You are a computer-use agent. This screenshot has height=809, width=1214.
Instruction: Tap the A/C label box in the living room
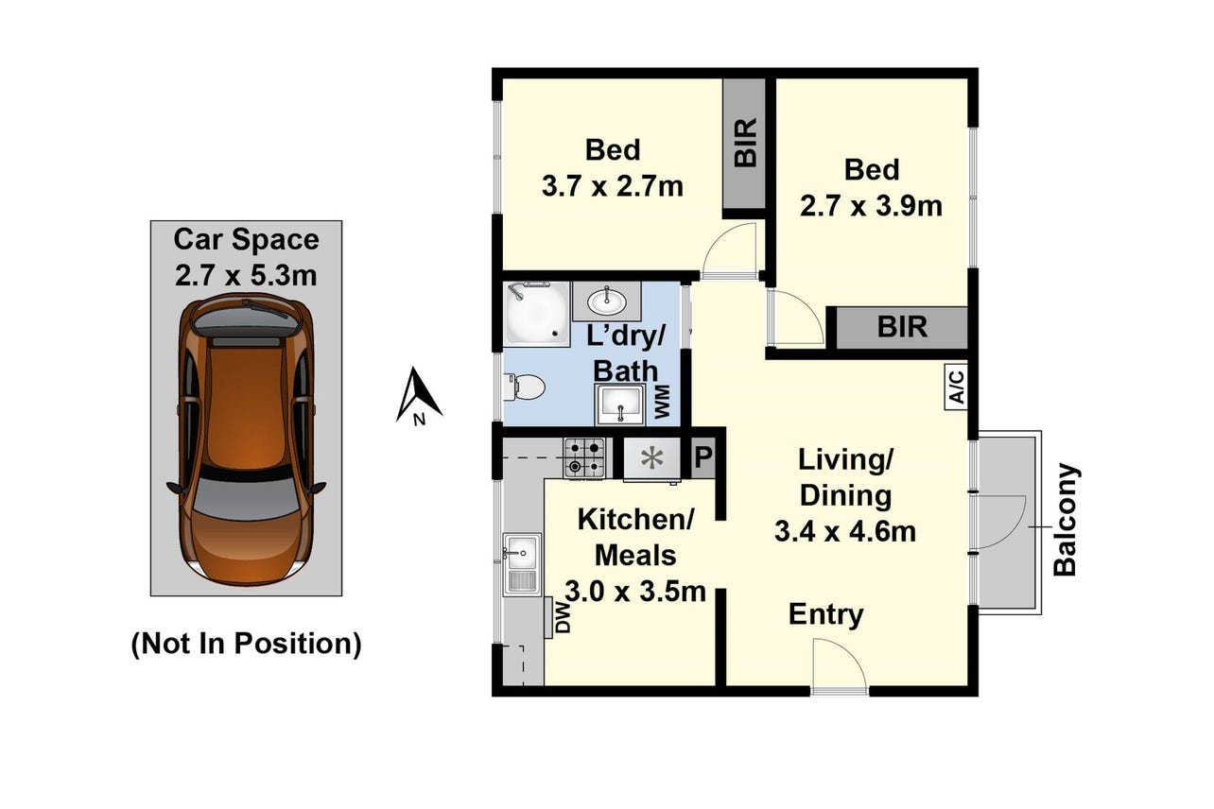(x=956, y=387)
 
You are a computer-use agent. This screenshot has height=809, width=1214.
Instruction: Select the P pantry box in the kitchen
(x=702, y=457)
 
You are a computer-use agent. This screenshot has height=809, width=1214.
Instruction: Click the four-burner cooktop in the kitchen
(x=584, y=457)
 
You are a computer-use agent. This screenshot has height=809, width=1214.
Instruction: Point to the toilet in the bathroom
(x=524, y=387)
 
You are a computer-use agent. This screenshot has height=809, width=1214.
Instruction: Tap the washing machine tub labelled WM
(x=620, y=404)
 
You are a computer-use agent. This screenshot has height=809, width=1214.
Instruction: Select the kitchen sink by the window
(x=521, y=564)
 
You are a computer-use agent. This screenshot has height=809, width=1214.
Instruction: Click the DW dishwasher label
(x=564, y=618)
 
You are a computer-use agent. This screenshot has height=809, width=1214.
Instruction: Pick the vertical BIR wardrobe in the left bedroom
(x=744, y=144)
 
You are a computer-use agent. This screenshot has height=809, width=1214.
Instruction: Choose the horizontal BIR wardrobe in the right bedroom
(x=902, y=327)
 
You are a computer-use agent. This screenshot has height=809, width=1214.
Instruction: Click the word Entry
(x=826, y=614)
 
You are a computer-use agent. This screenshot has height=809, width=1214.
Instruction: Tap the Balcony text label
(x=1066, y=519)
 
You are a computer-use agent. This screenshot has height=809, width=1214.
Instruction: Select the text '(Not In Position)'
(x=246, y=644)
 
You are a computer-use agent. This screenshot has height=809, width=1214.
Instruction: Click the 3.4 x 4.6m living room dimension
(x=845, y=531)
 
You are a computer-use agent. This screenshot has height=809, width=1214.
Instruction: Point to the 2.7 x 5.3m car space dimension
(x=246, y=275)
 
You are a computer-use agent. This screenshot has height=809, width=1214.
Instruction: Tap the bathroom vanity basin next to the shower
(x=607, y=301)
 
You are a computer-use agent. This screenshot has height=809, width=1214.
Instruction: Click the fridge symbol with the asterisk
(x=651, y=458)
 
